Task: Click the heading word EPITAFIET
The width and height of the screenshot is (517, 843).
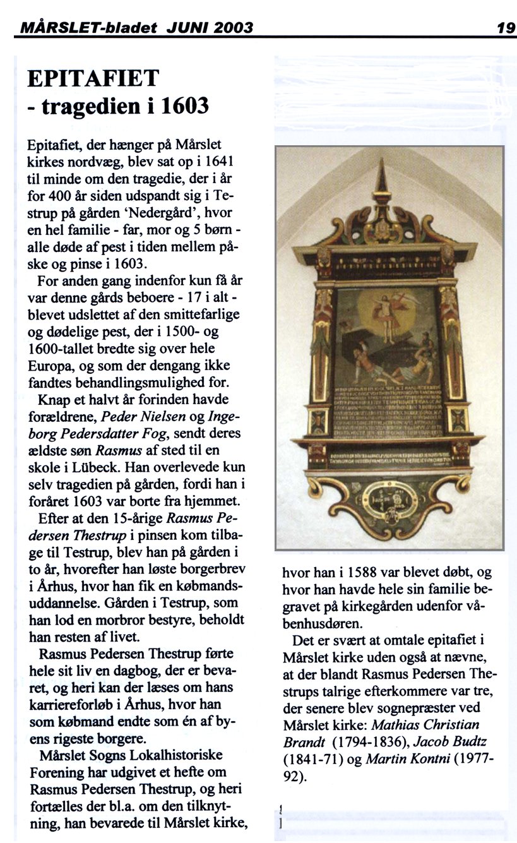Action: point(93,78)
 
